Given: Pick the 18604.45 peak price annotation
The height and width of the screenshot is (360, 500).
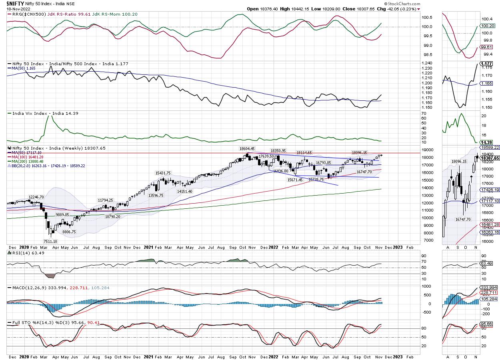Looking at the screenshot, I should coord(247,148).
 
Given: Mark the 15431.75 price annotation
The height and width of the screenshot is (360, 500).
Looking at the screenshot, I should coord(164,173).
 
